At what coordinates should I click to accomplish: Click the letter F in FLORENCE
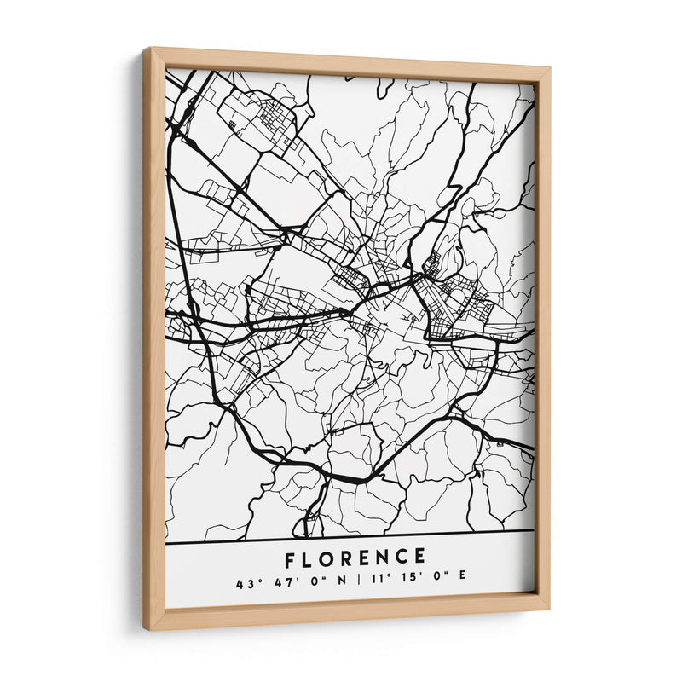tap(292, 558)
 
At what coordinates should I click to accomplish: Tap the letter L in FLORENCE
tap(311, 558)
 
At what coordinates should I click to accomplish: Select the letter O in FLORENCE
tap(331, 558)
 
